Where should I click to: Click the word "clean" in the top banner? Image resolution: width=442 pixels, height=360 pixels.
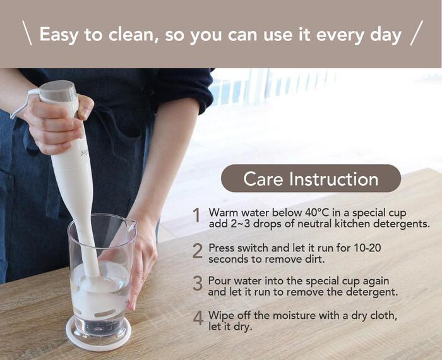tap(131, 34)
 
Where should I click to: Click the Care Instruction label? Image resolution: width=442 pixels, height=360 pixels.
tap(311, 179)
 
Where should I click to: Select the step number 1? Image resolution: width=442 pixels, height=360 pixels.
tap(196, 216)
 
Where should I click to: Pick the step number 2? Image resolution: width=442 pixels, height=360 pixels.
tap(197, 251)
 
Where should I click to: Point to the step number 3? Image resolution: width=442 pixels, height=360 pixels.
tap(198, 284)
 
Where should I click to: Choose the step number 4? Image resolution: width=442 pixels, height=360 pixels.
tap(198, 318)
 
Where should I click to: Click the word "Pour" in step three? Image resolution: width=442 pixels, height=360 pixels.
tap(219, 281)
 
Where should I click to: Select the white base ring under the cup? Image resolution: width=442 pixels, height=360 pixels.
tap(99, 335)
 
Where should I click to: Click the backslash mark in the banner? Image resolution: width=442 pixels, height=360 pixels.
tap(27, 33)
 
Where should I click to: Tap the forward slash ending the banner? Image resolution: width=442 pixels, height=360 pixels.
tap(417, 33)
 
